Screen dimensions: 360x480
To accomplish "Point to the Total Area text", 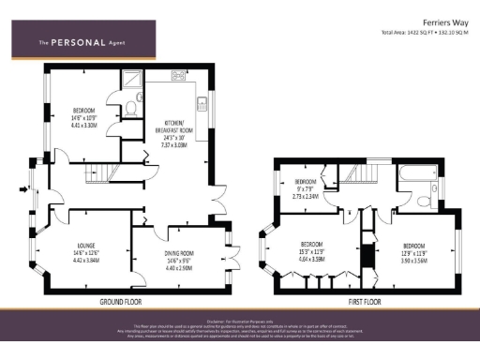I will [x=424, y=33].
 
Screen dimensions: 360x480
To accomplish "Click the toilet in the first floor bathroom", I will [x=427, y=199].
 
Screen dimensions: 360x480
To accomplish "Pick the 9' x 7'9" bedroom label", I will [x=307, y=188].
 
